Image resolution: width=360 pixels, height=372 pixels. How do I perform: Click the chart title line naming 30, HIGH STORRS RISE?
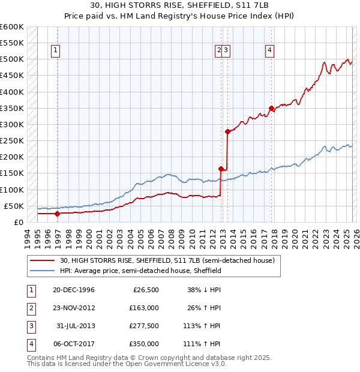(180, 5)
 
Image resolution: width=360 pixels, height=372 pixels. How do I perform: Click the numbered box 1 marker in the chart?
(55, 51)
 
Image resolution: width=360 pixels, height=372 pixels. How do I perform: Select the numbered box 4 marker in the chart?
(271, 51)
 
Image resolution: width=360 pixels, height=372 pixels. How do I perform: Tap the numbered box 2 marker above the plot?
(219, 51)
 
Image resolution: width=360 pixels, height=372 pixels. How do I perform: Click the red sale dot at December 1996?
(58, 213)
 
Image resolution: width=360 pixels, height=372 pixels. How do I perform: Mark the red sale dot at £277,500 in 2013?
(227, 131)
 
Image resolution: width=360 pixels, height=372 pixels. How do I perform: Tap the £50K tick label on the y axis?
(14, 206)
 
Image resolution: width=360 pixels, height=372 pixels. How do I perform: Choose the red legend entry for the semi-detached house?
(167, 260)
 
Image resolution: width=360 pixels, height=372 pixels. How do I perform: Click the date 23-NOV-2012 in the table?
(74, 308)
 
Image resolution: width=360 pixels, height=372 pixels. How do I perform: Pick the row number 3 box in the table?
(31, 326)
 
